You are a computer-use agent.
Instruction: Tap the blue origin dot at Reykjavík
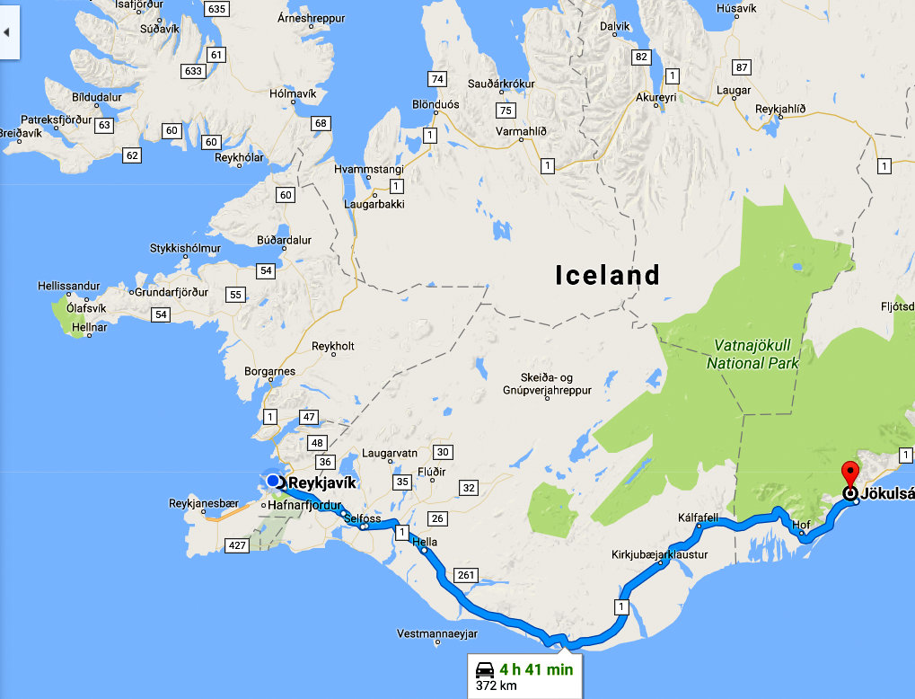(x=273, y=482)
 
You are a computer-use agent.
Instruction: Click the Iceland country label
(x=607, y=275)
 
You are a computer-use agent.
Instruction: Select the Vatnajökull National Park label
(x=752, y=354)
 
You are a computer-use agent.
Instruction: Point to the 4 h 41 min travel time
(x=536, y=668)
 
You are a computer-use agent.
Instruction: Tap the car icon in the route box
(x=484, y=669)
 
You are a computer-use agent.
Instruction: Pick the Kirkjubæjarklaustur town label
(x=659, y=554)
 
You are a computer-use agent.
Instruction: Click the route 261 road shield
(x=465, y=575)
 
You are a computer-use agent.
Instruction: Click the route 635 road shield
(x=216, y=8)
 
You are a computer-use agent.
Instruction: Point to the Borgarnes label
(x=268, y=370)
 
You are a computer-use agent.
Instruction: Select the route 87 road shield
(x=741, y=67)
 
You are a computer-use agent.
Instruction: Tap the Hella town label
(x=424, y=542)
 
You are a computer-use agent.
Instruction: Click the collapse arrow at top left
(x=8, y=31)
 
